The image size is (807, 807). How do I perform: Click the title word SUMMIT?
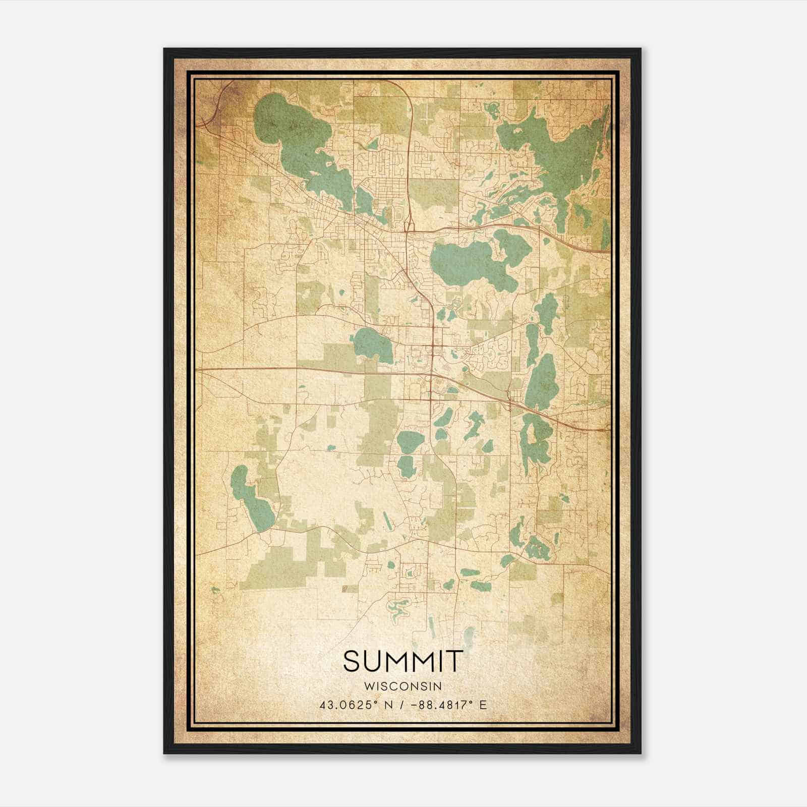click(402, 661)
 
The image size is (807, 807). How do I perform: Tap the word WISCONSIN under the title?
click(402, 686)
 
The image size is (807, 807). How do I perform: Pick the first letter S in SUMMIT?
click(352, 661)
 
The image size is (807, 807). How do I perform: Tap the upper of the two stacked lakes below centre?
click(409, 441)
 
